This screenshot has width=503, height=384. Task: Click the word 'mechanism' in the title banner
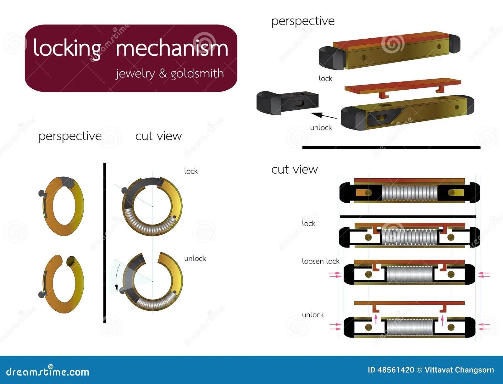(172, 49)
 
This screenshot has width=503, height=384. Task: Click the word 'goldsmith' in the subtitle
(197, 74)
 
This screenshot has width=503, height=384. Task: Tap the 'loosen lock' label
(320, 261)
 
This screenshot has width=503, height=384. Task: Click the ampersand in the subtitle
(163, 74)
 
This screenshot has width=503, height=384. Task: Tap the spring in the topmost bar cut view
(410, 192)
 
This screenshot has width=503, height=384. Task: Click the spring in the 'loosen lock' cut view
(410, 274)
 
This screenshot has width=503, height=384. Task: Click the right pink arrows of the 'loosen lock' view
(483, 275)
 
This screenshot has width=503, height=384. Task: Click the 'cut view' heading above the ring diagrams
(158, 136)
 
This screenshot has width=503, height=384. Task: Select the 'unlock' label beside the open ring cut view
(195, 259)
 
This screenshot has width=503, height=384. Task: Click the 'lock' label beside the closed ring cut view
(191, 171)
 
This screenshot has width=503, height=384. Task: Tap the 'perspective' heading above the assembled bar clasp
(303, 21)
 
